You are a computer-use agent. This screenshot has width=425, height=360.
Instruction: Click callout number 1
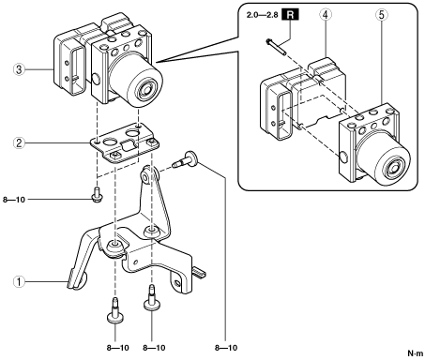(x=19, y=281)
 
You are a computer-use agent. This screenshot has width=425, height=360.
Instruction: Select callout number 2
(x=19, y=143)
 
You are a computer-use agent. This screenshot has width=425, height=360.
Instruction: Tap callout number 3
(x=19, y=69)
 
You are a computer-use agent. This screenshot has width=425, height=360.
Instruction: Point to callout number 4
(x=326, y=15)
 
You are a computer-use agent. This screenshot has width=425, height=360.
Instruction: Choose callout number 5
(x=382, y=15)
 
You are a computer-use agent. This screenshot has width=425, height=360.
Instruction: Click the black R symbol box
(x=291, y=15)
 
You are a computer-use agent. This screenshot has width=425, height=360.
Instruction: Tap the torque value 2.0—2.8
(x=262, y=15)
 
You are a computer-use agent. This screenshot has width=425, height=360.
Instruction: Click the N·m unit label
(x=416, y=353)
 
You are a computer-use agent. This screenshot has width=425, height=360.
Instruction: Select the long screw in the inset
(x=276, y=47)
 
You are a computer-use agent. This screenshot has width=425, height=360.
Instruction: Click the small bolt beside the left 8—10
(x=97, y=195)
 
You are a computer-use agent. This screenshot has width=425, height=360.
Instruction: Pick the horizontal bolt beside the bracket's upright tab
(x=184, y=159)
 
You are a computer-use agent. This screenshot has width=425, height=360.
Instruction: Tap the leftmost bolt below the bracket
(x=115, y=311)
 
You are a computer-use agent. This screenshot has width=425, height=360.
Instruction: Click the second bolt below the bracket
(x=152, y=298)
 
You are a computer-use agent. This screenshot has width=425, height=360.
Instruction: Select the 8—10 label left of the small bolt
(x=14, y=200)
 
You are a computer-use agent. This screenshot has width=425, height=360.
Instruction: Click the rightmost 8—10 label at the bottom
(x=226, y=348)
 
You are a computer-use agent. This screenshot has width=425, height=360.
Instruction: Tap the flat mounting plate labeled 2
(x=125, y=143)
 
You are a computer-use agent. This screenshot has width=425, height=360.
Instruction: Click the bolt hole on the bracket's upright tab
(x=145, y=177)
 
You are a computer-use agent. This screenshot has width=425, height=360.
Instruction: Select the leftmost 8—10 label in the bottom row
(x=117, y=348)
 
